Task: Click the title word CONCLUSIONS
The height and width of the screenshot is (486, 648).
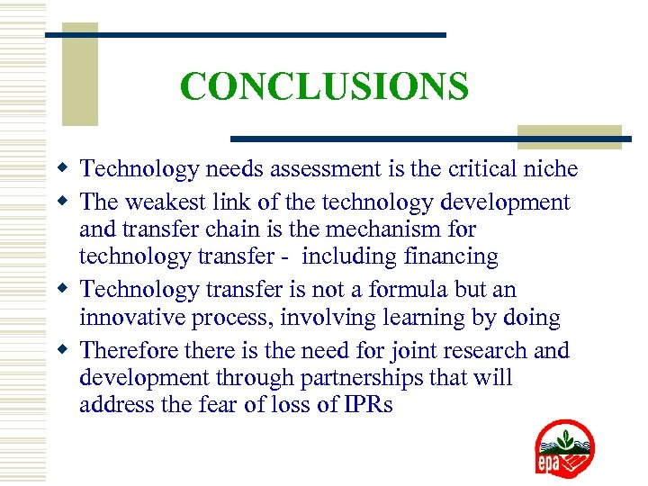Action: [324, 86]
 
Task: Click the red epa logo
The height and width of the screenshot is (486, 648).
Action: [564, 449]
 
